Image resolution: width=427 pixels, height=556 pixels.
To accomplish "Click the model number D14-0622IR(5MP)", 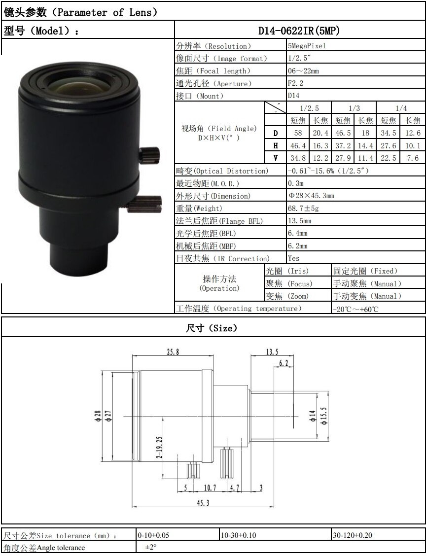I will pos(299,31).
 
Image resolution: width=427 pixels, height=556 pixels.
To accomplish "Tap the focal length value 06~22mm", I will pos(303,71).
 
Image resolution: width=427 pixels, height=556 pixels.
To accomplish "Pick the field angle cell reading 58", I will pos(298,133).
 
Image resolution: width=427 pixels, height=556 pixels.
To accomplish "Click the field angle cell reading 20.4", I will pos(320,133).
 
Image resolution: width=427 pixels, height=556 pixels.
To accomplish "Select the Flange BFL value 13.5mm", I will pos(299,221).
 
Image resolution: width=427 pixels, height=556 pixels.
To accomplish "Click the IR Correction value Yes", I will pos(293,258).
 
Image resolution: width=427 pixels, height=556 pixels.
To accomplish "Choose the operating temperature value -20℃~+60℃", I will pos(355,309).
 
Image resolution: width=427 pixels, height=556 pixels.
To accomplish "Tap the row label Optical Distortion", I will pos(222,171).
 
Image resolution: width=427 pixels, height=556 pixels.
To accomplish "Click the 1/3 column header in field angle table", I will pos(354,108).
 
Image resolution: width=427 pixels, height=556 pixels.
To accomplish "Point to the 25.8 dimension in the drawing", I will pos(173,352).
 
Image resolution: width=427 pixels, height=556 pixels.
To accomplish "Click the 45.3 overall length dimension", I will pos(203,502).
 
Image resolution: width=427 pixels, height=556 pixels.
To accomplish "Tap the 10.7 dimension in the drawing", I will pos(210,487).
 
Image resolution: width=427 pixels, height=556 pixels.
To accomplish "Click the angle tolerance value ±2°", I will pos(150,547).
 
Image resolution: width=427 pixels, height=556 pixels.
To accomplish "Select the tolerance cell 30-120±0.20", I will pos(353,535).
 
